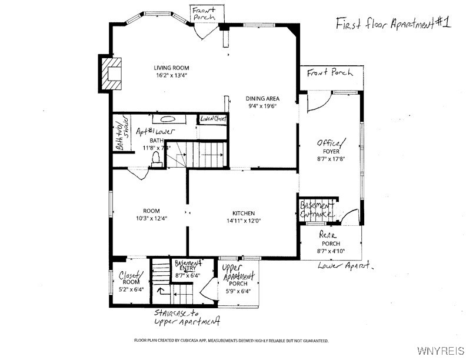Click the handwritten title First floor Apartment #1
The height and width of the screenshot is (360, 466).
[x=392, y=24]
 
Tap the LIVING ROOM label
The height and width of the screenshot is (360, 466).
[x=172, y=68]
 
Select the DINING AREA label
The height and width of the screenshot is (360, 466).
[x=262, y=98]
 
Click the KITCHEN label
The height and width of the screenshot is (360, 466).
[x=243, y=213]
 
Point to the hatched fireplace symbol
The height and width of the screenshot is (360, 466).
[x=109, y=72]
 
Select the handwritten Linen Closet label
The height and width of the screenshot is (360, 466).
[x=213, y=118]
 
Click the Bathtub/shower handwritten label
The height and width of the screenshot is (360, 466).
[x=121, y=136]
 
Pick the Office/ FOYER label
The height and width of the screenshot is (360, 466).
[x=332, y=147]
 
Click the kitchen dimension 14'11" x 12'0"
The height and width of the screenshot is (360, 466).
[x=243, y=221]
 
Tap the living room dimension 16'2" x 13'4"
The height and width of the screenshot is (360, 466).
[x=172, y=76]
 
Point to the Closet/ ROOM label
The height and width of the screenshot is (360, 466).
[x=130, y=278]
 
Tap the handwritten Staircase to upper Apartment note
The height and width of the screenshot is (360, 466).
[x=187, y=318]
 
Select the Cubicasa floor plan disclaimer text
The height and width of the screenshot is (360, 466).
[x=231, y=341]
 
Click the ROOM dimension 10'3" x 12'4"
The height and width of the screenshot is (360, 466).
[x=151, y=218]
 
